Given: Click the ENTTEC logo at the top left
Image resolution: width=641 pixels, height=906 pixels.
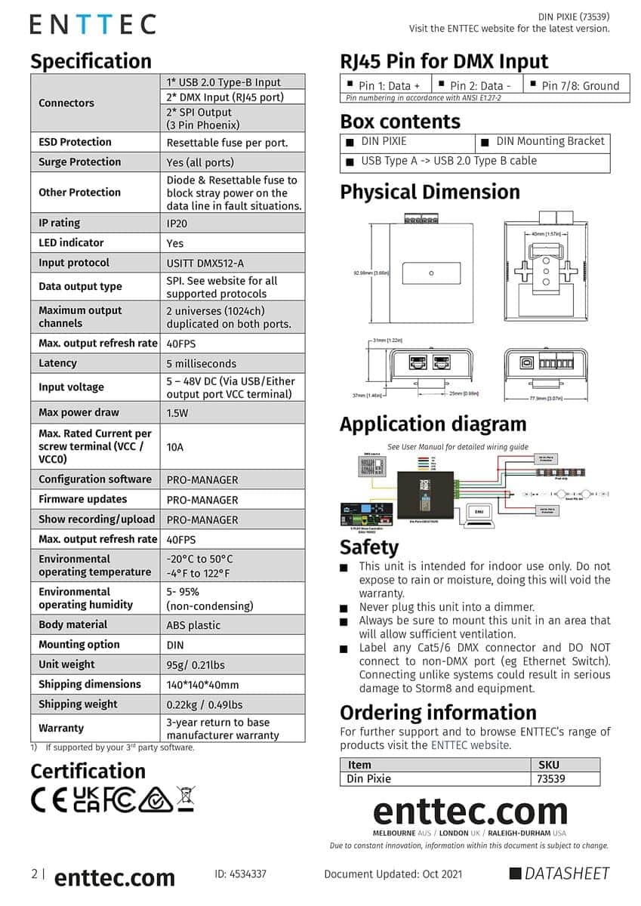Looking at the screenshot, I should [93, 24].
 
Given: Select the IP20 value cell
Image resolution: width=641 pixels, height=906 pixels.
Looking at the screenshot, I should [177, 223].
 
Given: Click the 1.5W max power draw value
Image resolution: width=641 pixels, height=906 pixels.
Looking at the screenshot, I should [178, 413].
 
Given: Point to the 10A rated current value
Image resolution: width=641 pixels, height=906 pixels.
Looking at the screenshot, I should [175, 447].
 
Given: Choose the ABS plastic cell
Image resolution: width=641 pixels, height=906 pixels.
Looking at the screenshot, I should [194, 625].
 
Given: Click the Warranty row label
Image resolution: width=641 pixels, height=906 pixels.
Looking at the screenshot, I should [61, 728].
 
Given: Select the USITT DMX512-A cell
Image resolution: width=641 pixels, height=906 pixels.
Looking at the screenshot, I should [205, 263].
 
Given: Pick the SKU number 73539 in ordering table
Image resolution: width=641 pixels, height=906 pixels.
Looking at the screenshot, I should [551, 778].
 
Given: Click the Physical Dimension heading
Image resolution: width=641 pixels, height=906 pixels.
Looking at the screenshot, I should [430, 192].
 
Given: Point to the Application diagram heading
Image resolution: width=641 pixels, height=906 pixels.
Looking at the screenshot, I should [433, 424].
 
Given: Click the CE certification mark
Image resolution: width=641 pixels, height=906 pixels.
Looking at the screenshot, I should [49, 800].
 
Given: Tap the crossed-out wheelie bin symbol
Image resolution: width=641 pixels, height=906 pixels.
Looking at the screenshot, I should [186, 798].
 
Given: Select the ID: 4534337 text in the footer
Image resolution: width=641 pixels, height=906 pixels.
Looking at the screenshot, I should [240, 874].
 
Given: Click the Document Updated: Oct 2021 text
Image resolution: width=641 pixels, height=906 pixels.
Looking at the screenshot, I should [393, 874].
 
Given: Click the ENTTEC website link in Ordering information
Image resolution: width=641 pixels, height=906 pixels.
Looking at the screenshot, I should [470, 745].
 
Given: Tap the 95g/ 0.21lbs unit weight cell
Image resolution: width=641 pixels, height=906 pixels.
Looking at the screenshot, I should [196, 665].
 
